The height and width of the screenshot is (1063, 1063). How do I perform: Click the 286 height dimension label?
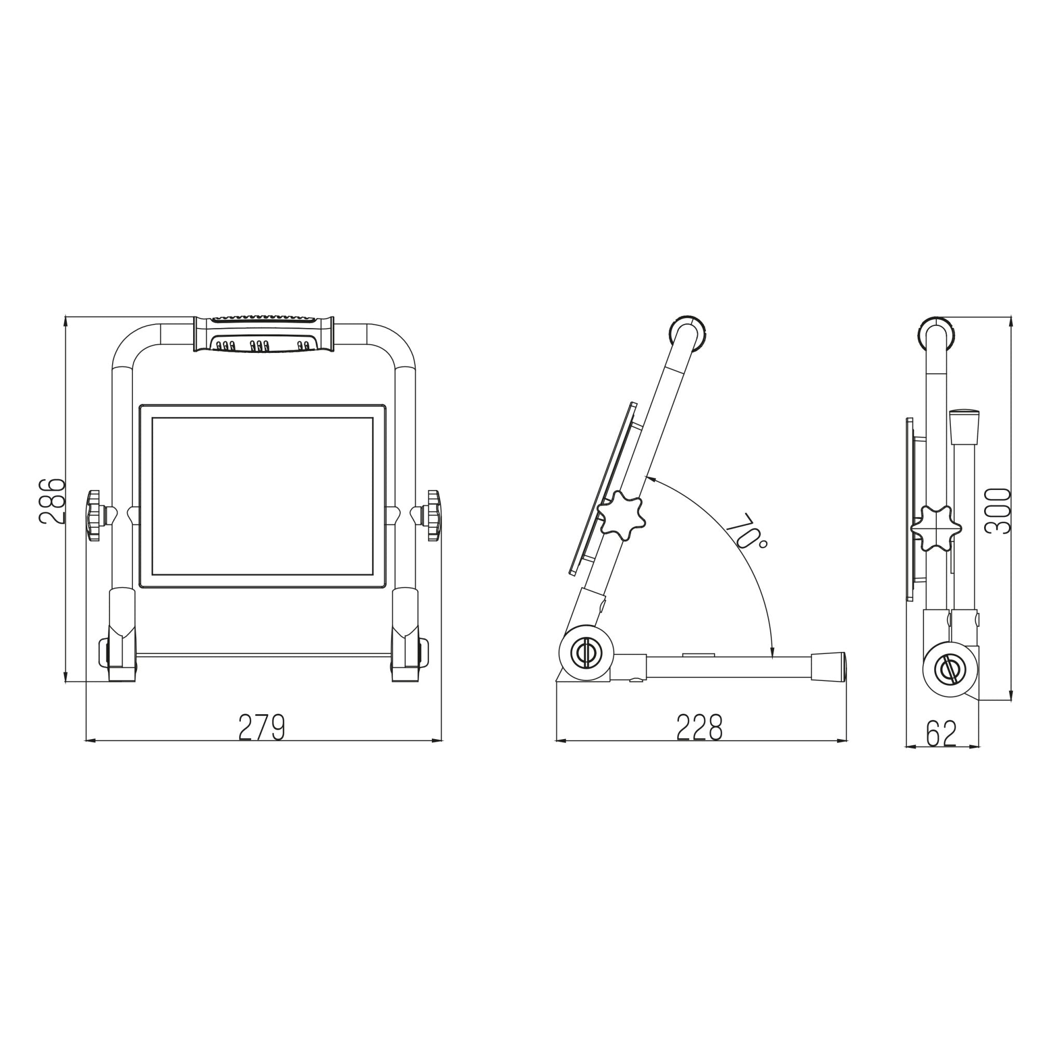tap(52, 500)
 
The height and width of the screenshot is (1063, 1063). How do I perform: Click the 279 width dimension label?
tap(262, 728)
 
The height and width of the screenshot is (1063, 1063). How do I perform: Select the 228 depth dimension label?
tap(699, 728)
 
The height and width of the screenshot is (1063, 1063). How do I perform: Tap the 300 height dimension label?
tap(998, 511)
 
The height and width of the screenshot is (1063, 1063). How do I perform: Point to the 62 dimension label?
tap(942, 733)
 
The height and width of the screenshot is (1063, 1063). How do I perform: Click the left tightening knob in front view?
tap(94, 515)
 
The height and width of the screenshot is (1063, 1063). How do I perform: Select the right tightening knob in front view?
tap(433, 515)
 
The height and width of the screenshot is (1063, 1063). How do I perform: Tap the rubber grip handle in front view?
tap(264, 334)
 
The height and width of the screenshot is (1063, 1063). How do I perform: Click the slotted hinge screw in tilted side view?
tap(587, 653)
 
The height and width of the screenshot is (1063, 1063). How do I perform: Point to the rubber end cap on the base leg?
tap(828, 666)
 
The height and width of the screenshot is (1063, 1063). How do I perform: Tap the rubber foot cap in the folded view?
tap(965, 427)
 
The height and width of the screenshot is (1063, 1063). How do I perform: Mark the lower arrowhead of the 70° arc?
tap(772, 653)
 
